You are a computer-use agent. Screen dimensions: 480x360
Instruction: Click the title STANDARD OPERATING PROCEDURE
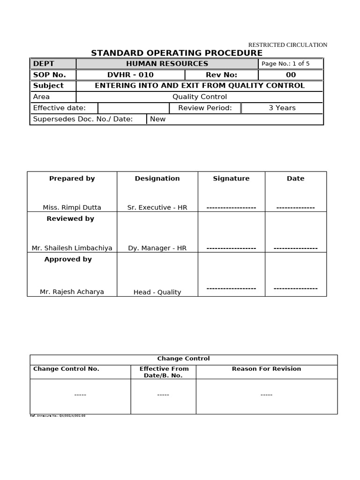[x=177, y=53]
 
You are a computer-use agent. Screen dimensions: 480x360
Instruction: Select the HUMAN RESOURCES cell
[x=167, y=64]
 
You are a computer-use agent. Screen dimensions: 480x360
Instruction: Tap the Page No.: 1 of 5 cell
[x=285, y=64]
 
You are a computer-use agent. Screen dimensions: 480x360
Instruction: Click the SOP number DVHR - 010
[x=130, y=75]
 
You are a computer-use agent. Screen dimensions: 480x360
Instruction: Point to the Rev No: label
[x=221, y=75]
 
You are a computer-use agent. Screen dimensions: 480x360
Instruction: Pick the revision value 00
[x=291, y=75]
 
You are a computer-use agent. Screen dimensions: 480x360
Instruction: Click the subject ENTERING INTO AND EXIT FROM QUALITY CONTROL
[x=200, y=86]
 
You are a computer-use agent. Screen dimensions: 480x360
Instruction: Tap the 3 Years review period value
[x=282, y=108]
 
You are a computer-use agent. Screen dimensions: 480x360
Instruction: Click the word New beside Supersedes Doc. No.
[x=157, y=119]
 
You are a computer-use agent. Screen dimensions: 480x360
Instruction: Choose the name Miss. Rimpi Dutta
[x=72, y=207]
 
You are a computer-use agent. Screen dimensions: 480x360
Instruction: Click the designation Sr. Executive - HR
[x=157, y=207]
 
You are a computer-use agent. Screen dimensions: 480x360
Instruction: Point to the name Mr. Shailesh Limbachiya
[x=72, y=248]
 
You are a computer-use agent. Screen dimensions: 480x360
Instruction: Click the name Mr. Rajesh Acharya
[x=72, y=292]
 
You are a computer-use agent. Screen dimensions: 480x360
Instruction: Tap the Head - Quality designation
[x=157, y=292]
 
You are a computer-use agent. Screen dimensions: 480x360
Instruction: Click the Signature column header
[x=231, y=179]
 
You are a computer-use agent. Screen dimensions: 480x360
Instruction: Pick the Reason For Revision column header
[x=266, y=369]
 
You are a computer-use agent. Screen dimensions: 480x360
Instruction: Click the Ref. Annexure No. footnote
[x=58, y=416]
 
